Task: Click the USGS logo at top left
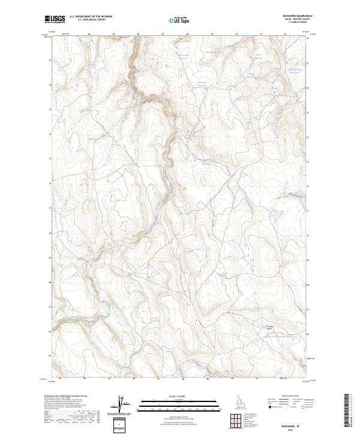(x=55, y=20)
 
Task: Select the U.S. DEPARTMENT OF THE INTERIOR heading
(x=91, y=17)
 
